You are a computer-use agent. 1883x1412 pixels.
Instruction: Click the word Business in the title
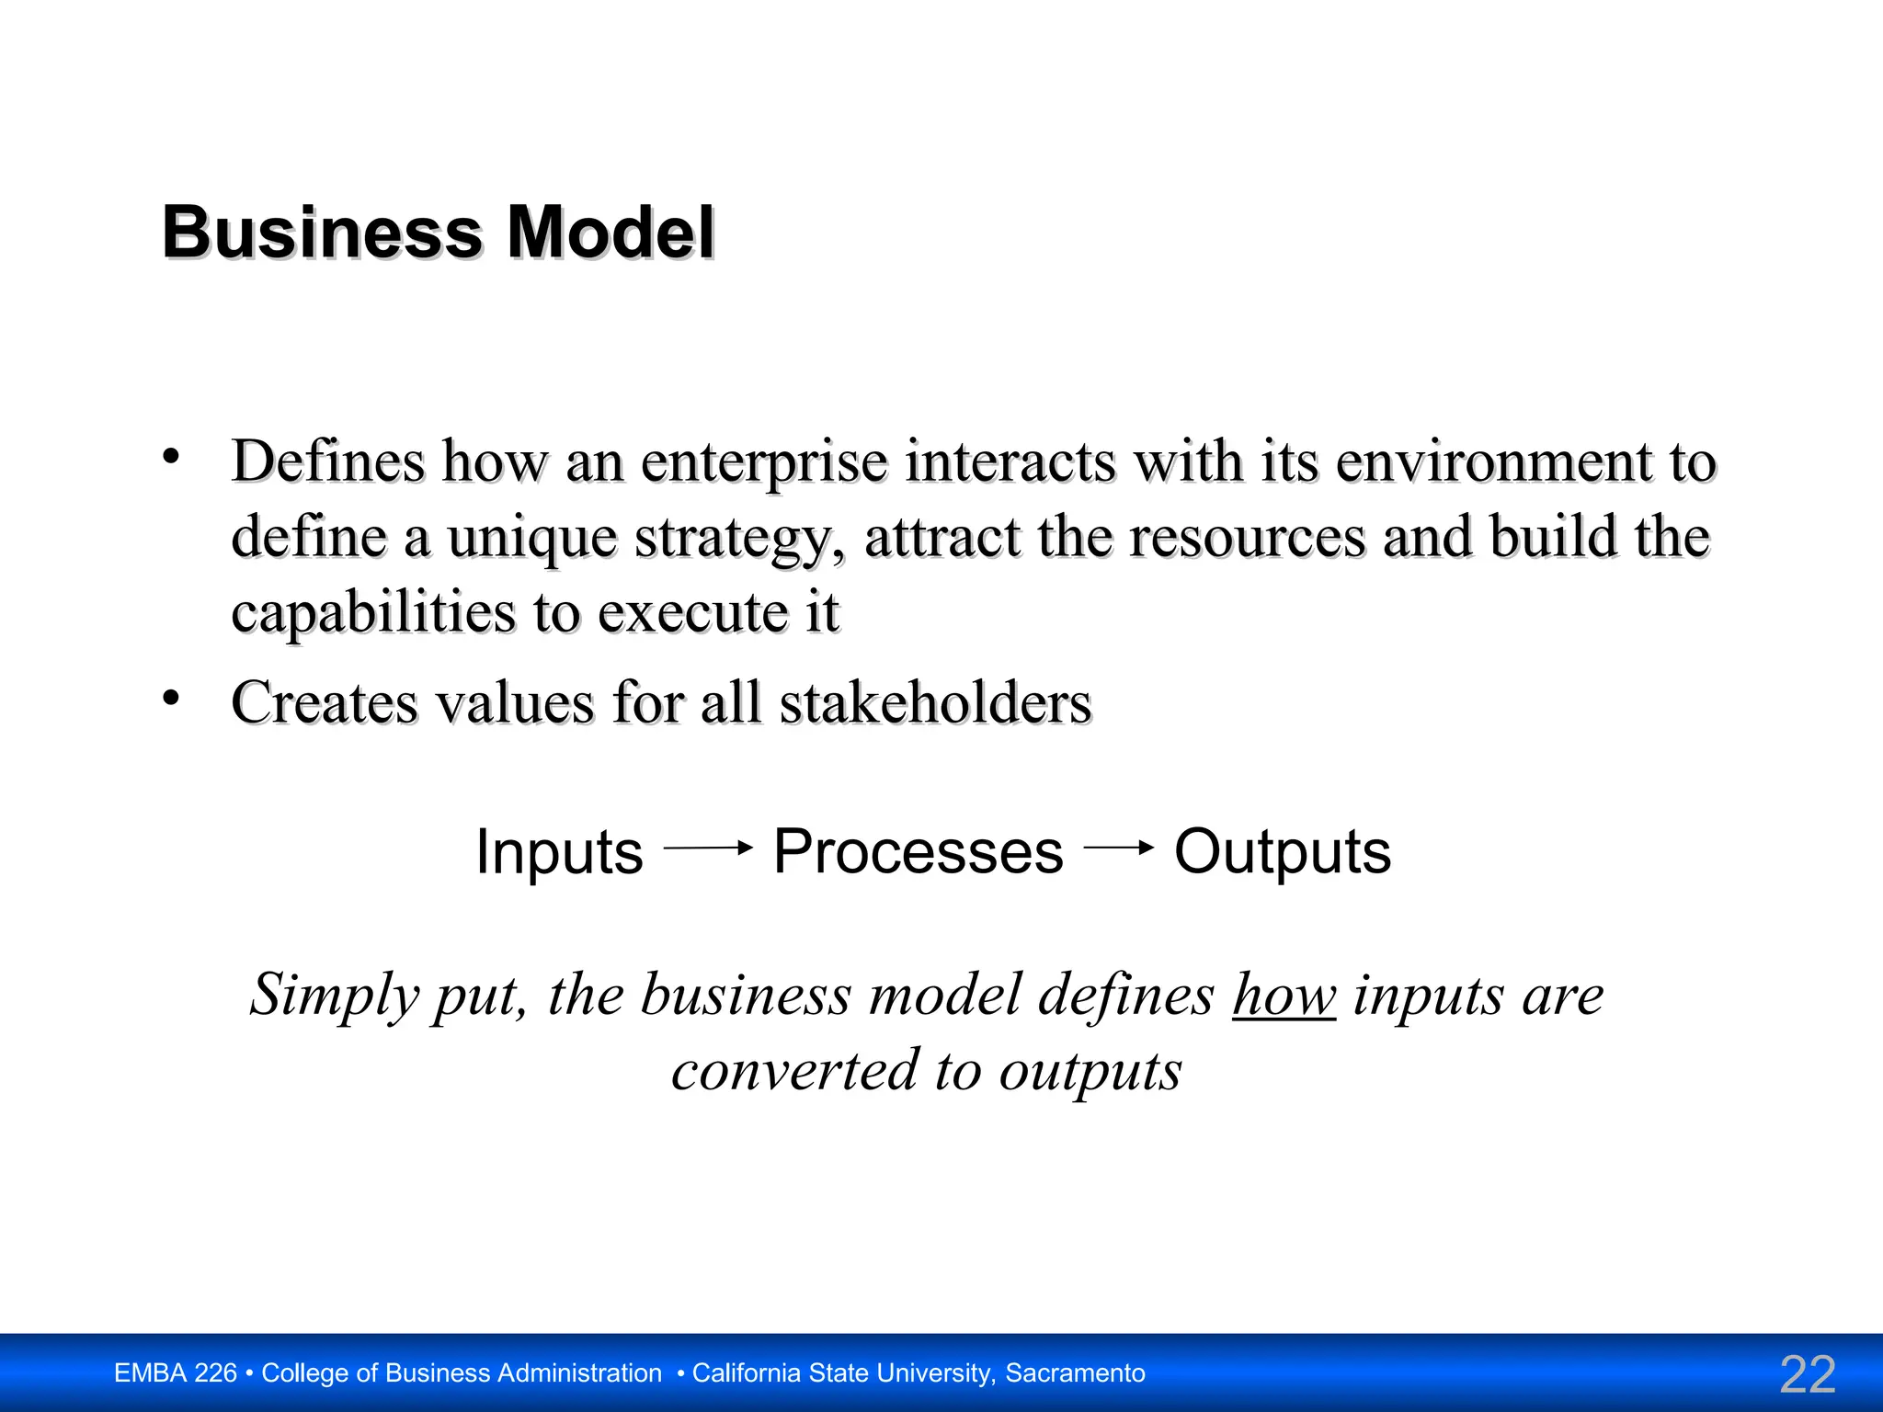click(322, 233)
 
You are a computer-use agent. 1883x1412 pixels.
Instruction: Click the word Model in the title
click(611, 233)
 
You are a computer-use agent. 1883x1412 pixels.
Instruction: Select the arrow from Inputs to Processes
click(708, 848)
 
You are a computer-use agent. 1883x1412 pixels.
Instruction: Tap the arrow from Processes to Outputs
click(1119, 848)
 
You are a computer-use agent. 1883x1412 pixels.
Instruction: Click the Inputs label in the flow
click(559, 852)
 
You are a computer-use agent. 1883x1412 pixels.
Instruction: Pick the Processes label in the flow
click(918, 852)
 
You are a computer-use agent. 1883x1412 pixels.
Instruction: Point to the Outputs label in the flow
click(1283, 852)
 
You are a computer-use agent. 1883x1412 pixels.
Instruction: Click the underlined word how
click(1284, 996)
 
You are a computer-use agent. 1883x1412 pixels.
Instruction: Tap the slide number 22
click(1808, 1374)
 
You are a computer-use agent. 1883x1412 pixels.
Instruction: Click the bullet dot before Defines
click(171, 456)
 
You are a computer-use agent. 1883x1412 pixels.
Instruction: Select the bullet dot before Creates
click(171, 699)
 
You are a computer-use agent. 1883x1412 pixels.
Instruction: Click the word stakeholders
click(936, 703)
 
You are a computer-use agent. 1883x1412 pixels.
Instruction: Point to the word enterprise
click(764, 462)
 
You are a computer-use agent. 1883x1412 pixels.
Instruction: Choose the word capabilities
click(373, 613)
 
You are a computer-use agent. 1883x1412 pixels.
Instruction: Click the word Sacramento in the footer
click(1075, 1373)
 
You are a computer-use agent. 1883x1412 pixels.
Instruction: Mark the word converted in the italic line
click(795, 1071)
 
